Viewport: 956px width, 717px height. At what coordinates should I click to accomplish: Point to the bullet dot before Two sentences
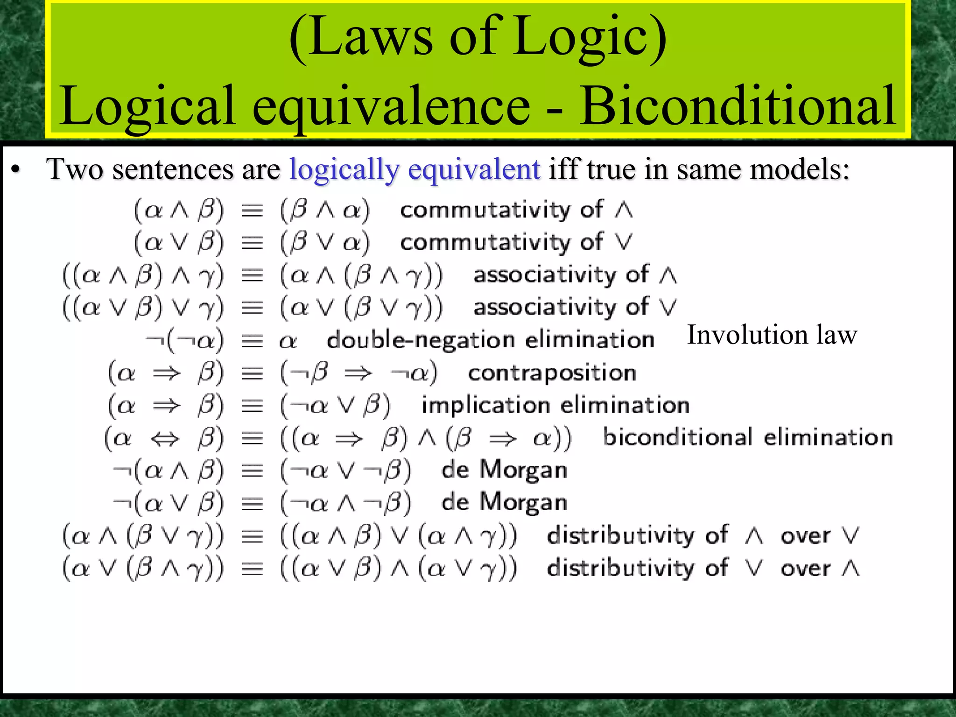tap(16, 171)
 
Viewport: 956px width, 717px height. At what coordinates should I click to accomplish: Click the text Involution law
tap(772, 335)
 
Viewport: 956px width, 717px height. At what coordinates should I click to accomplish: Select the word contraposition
tap(552, 373)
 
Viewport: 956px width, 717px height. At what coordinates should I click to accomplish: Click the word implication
tap(485, 405)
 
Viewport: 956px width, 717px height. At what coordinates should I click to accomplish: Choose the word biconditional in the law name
tap(677, 437)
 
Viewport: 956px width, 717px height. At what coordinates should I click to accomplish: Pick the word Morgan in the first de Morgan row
tap(523, 470)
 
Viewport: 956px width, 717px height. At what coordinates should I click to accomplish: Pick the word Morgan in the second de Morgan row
tap(523, 503)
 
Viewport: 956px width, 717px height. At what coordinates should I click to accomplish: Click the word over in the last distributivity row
tap(805, 568)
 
